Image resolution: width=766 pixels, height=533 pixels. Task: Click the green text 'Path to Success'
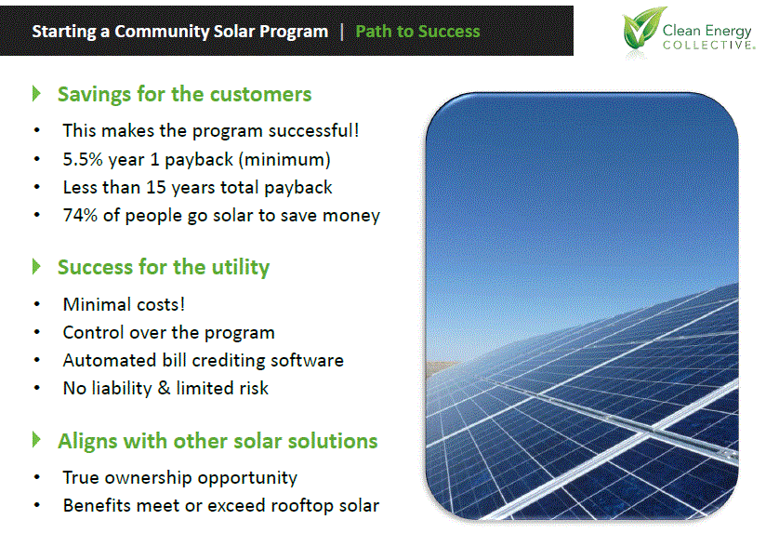pos(417,31)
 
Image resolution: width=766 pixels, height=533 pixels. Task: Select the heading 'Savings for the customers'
pos(184,94)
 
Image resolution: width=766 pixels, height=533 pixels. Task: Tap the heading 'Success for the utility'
pos(163,267)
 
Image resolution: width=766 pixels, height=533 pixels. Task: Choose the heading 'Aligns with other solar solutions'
pos(218,440)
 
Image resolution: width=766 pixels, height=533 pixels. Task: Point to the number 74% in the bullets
pos(80,215)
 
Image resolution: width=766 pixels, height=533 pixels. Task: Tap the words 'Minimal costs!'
pos(125,304)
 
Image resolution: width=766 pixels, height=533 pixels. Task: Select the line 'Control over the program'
pos(168,332)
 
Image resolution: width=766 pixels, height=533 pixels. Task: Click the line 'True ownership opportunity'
pos(179,477)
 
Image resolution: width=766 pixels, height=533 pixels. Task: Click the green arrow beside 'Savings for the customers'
pos(37,94)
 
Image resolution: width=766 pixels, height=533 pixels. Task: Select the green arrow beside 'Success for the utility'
pos(37,267)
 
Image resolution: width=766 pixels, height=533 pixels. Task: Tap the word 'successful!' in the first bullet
pos(313,131)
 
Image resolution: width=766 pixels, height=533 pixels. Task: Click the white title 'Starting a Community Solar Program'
pos(179,31)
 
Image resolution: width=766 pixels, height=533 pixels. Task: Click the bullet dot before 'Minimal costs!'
pos(36,305)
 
